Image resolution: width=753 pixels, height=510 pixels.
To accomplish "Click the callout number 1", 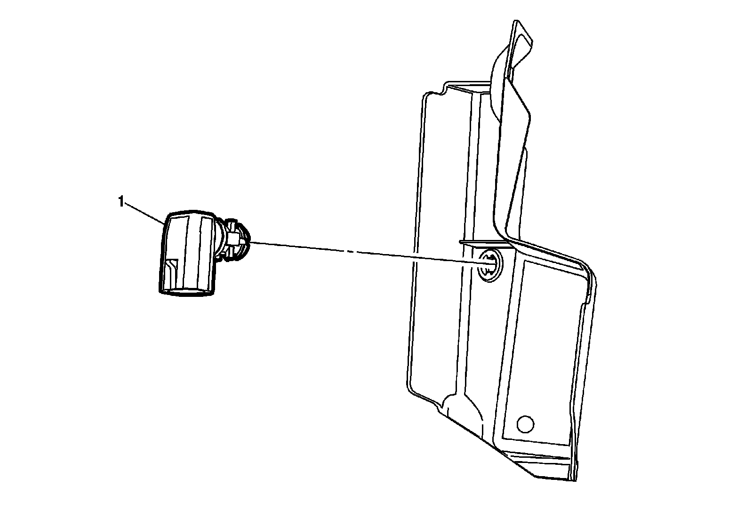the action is pos(121,202).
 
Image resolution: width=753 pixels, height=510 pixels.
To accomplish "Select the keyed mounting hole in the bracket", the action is pos(489,265).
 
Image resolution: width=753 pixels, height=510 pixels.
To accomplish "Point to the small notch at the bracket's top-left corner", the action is pos(443,88).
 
